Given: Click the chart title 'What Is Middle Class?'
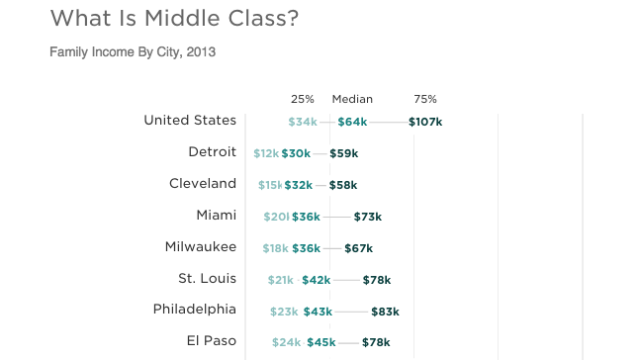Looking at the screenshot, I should [174, 19].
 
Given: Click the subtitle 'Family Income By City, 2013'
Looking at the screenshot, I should [133, 51].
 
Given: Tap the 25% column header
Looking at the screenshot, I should [303, 99].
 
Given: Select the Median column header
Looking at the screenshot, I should [352, 99].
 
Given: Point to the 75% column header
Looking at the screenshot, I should [425, 99].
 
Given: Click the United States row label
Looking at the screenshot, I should [190, 121].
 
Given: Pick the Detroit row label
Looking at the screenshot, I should [212, 152].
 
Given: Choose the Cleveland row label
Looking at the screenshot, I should [203, 184].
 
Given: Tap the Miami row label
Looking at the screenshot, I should [216, 216].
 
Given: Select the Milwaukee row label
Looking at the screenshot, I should [201, 247].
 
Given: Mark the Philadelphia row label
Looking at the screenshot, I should [195, 310].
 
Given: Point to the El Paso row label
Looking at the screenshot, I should [212, 341].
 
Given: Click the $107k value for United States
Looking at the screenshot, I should [425, 122].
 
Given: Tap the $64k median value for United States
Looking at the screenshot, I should [352, 122].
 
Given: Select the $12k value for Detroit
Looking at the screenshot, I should [266, 153].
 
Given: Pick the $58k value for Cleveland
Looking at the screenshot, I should [343, 185].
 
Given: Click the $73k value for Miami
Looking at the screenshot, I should [367, 217].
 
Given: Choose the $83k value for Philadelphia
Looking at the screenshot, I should [385, 311].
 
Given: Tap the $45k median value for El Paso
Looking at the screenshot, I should [320, 342].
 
